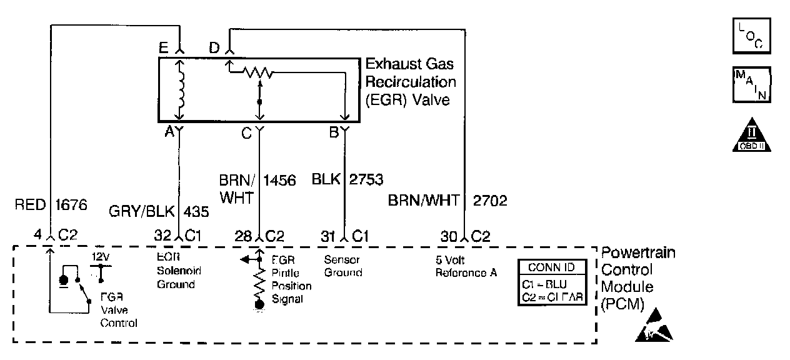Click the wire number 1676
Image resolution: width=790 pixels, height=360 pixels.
[71, 204]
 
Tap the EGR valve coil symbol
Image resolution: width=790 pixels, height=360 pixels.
[181, 91]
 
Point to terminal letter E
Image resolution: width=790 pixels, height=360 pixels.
[164, 47]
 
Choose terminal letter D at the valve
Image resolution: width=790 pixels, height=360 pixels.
[214, 47]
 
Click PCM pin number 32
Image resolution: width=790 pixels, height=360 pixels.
[162, 236]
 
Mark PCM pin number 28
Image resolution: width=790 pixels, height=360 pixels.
[243, 236]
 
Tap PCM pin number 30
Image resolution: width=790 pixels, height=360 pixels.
[448, 236]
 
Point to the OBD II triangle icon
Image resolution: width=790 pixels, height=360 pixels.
[751, 136]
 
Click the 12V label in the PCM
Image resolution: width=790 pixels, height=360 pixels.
[100, 257]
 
